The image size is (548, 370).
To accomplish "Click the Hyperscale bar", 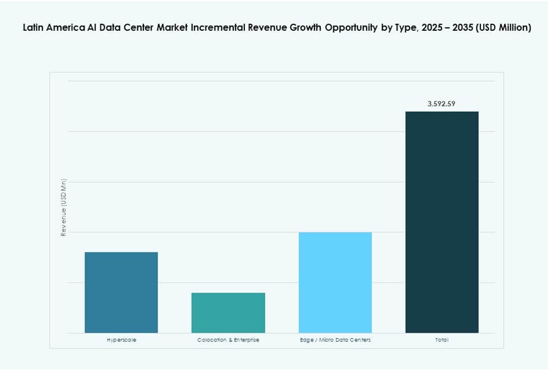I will point(121,292).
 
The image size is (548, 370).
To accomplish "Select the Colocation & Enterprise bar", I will point(228,312).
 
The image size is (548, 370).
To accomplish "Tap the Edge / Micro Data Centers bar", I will point(335,282).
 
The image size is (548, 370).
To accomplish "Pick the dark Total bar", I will point(441,222).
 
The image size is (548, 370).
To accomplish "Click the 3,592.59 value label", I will point(441,103).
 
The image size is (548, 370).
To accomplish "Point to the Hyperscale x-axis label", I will point(121,340).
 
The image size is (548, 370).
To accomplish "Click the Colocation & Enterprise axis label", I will point(228,340).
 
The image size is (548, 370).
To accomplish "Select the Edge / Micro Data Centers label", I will point(335,340).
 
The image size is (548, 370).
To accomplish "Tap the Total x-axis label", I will point(441,340).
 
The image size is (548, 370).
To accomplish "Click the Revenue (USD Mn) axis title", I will point(64,207).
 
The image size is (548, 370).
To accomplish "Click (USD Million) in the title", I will point(504,28).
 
